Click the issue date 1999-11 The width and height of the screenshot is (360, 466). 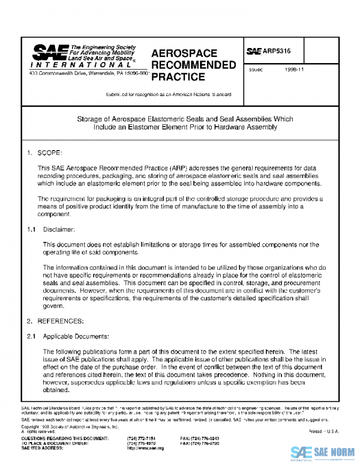[295, 70]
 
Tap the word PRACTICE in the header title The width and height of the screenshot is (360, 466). [178, 77]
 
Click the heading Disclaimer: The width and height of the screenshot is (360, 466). [59, 229]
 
